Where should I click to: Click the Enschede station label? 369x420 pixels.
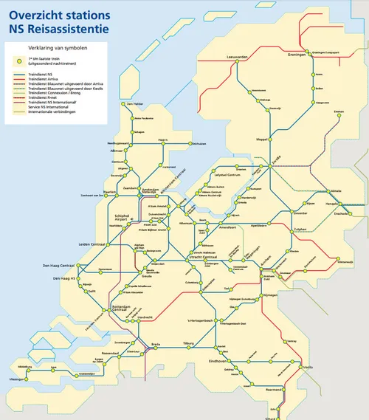point(342,213)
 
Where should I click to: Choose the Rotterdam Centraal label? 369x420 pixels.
point(119,308)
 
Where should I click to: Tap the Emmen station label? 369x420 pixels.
point(339,111)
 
